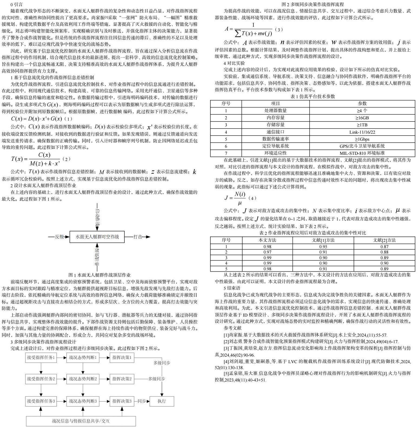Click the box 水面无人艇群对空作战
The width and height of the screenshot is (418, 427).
click(97, 237)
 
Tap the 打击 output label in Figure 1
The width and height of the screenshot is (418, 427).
click(138, 237)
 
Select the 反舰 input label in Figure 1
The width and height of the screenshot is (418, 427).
click(59, 237)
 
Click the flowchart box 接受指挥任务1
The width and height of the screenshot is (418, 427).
click(41, 357)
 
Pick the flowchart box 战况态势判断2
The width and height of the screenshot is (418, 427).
click(83, 379)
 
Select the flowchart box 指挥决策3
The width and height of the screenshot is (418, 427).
click(122, 401)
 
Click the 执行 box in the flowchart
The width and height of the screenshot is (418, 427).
click(162, 401)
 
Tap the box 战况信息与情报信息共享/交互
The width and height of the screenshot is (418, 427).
click(81, 421)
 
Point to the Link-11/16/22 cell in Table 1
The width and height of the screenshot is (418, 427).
click(362, 132)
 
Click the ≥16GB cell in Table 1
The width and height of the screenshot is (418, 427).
click(362, 118)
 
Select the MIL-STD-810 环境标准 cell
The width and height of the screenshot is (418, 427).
click(362, 153)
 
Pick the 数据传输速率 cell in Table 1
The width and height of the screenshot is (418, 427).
click(276, 139)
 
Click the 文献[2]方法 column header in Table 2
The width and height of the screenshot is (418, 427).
click(384, 240)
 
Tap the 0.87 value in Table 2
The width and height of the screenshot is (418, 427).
click(384, 247)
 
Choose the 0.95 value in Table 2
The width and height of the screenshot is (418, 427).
click(323, 247)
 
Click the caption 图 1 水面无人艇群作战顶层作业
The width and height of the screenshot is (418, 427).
click(99, 275)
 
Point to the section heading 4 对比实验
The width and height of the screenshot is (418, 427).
click(234, 63)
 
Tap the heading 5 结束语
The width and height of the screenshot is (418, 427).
click(232, 288)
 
